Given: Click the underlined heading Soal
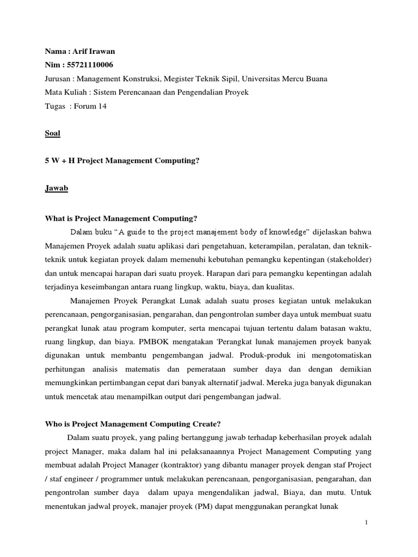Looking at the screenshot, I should [52, 133].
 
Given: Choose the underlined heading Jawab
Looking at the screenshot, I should [56, 188].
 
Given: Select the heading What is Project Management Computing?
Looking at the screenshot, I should [120, 219].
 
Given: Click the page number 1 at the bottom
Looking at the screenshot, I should [367, 523].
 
